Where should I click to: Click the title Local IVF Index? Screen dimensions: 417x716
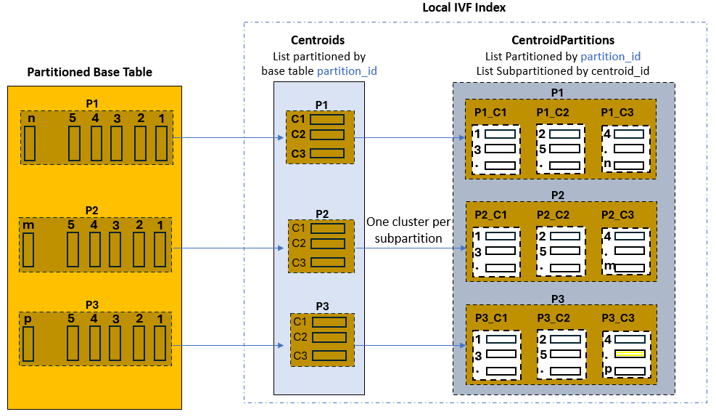(x=464, y=7)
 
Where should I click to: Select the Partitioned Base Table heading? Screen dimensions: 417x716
(x=89, y=72)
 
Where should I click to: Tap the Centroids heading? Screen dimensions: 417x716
(x=318, y=41)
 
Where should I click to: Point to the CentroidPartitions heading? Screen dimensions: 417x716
(x=563, y=41)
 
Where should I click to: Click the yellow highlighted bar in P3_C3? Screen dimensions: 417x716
(x=628, y=354)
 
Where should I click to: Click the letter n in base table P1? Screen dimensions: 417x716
(x=31, y=118)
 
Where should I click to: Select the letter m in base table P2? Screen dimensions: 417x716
(x=29, y=225)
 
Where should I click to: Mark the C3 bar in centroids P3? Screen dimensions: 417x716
(x=329, y=356)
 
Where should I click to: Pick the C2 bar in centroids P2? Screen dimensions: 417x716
(x=328, y=243)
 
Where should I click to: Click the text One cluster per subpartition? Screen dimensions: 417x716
(x=404, y=230)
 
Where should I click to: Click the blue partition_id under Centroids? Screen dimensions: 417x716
(x=347, y=70)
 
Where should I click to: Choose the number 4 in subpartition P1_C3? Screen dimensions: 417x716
(x=607, y=134)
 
